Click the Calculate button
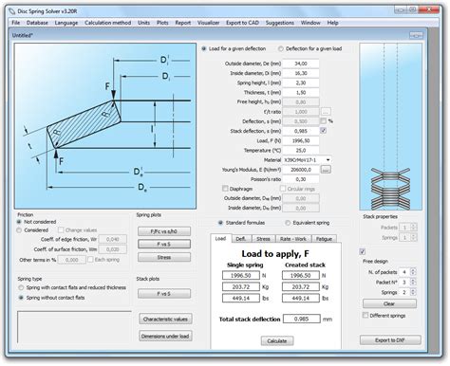277,339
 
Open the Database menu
37,20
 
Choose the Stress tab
263,239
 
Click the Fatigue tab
323,239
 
